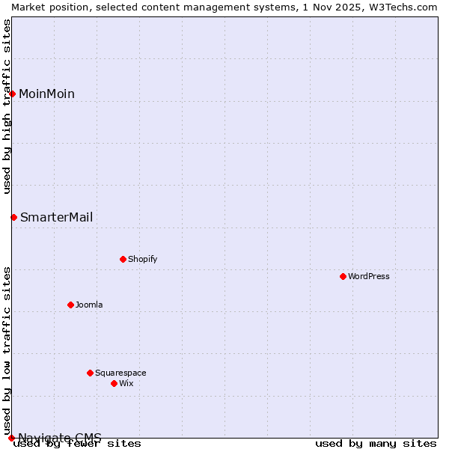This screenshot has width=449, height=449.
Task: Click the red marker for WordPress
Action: click(x=343, y=276)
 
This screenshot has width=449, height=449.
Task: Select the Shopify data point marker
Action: click(x=123, y=259)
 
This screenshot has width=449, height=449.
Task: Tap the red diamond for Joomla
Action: click(x=70, y=305)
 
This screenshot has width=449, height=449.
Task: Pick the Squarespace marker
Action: click(x=90, y=373)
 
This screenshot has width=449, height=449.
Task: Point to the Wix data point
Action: click(x=114, y=383)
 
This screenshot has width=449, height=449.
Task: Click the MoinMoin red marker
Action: click(x=12, y=94)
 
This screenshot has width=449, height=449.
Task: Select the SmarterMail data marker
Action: click(x=13, y=217)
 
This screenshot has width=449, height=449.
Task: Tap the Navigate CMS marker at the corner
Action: click(x=11, y=438)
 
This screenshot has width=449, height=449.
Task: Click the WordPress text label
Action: click(x=369, y=276)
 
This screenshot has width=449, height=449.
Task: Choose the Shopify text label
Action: click(x=142, y=259)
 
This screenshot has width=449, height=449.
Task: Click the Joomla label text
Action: click(x=89, y=305)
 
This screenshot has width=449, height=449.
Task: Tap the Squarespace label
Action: click(x=120, y=373)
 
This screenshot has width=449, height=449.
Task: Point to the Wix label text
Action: click(x=126, y=383)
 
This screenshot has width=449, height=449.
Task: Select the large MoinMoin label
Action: click(x=46, y=94)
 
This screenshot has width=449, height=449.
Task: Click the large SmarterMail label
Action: click(x=57, y=217)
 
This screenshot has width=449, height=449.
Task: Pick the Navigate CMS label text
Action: click(x=60, y=437)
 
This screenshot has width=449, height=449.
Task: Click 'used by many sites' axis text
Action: click(x=376, y=443)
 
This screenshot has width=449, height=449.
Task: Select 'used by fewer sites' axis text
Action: click(x=77, y=443)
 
